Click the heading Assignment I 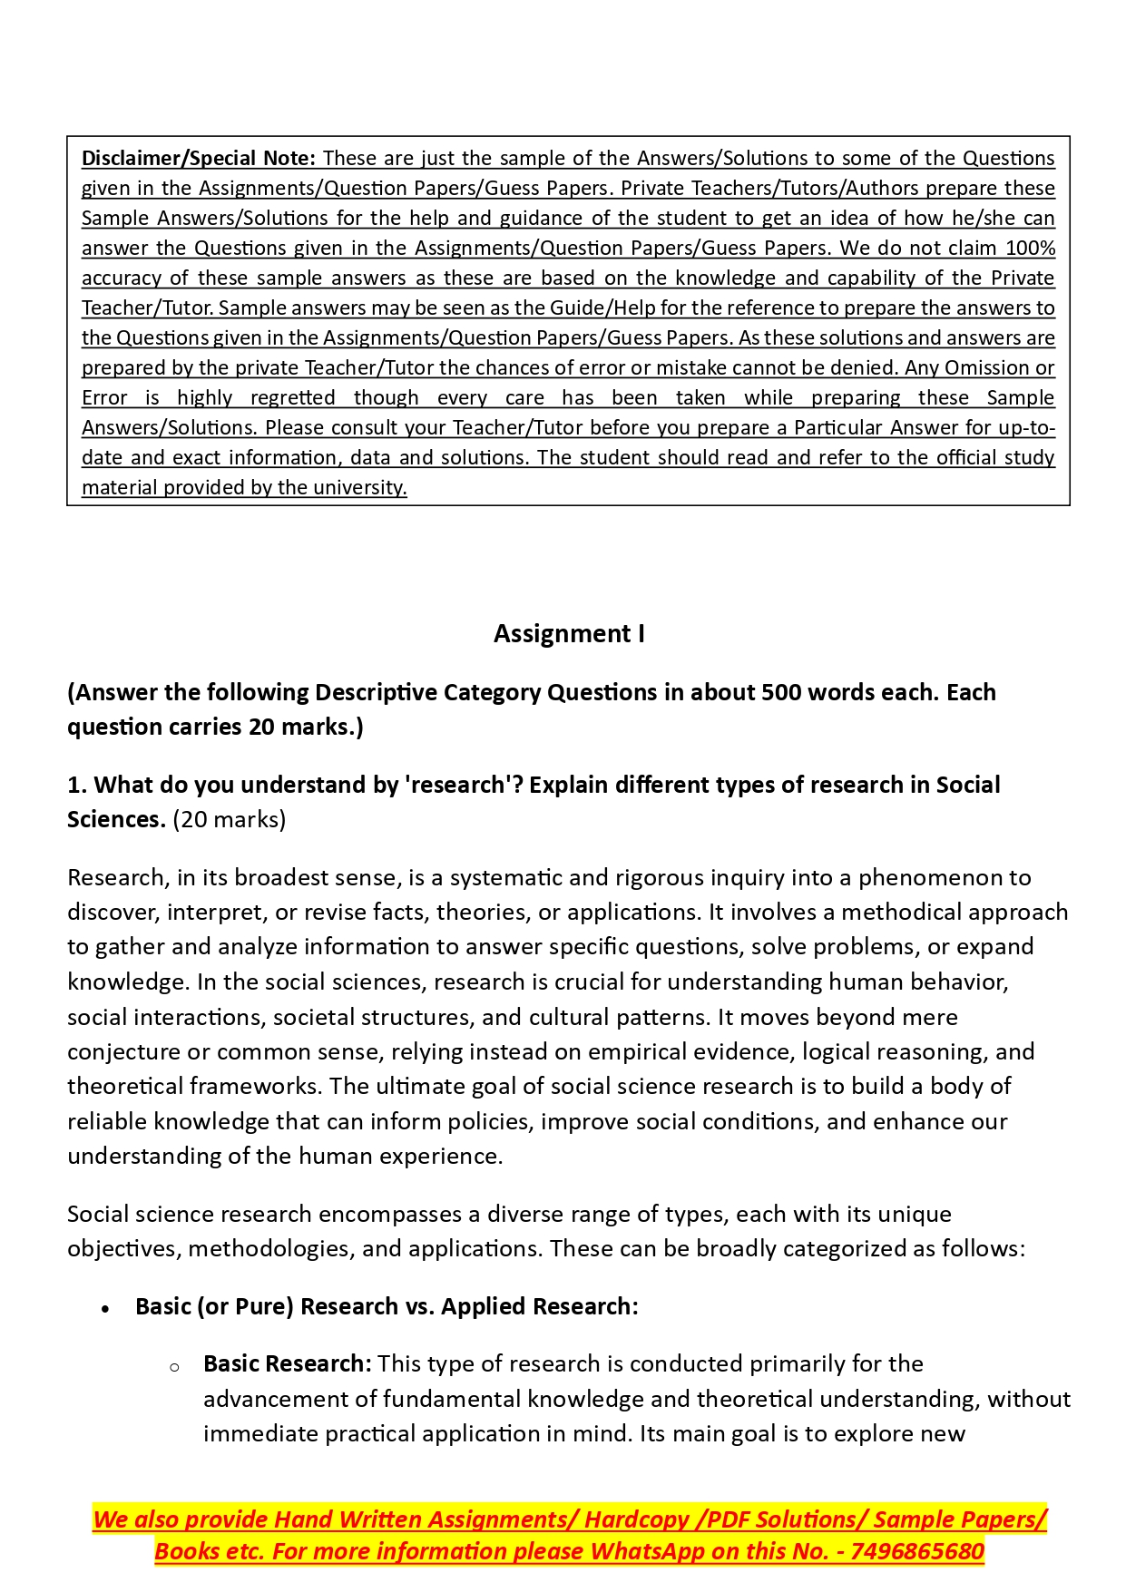click(x=569, y=633)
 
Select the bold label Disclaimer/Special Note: click(x=198, y=158)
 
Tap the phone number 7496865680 click(x=917, y=1550)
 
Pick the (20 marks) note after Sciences click(x=230, y=819)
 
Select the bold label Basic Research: click(x=287, y=1363)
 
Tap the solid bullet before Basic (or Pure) click(x=106, y=1308)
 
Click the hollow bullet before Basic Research click(x=174, y=1366)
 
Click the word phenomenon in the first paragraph click(x=945, y=877)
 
